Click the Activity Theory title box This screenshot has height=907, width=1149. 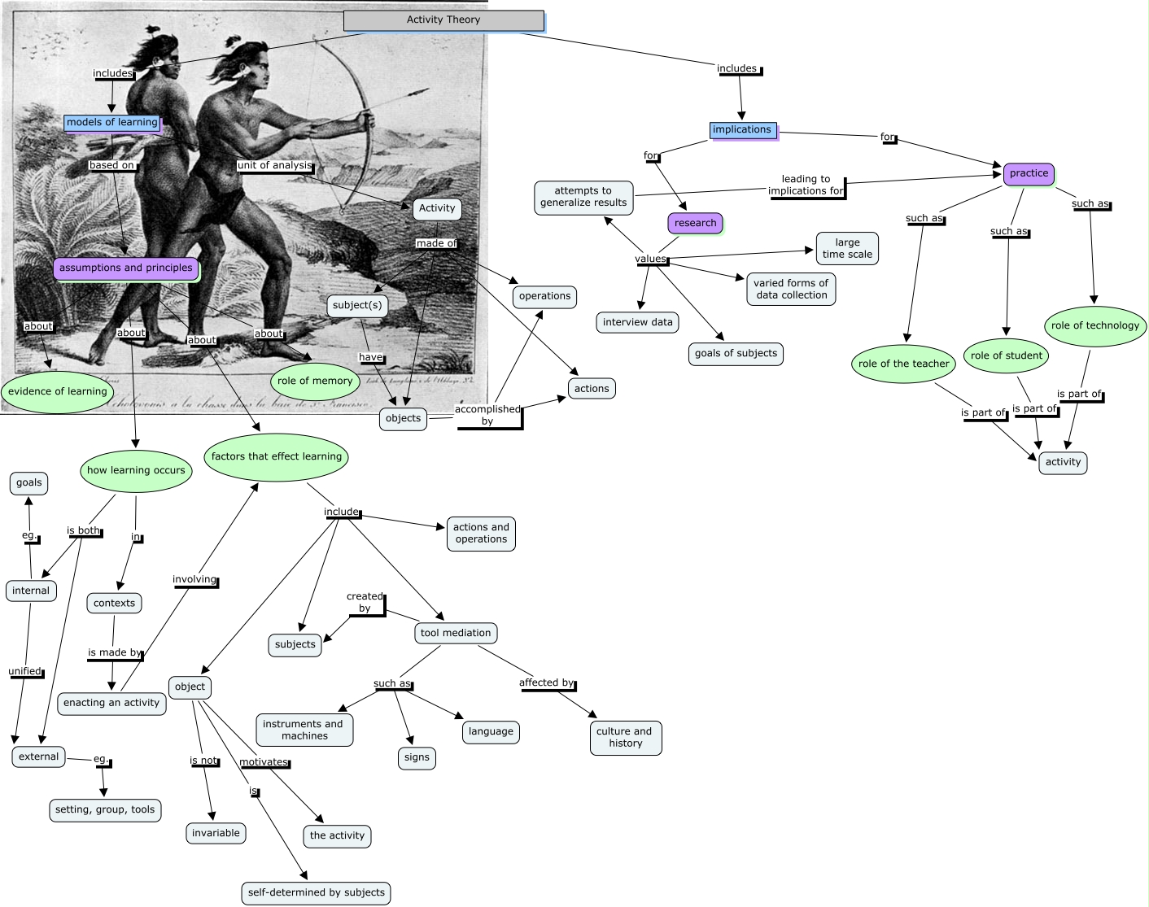pos(443,20)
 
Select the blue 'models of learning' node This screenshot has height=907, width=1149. pos(112,123)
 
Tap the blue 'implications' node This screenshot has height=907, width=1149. pos(742,130)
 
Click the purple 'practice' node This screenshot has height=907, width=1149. pos(1029,173)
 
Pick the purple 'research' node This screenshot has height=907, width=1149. pos(695,223)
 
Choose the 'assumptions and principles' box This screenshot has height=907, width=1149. pos(126,268)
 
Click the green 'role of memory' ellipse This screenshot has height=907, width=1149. pos(315,381)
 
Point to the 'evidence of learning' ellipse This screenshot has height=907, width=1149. pos(58,391)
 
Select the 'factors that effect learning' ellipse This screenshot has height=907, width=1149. pos(277,456)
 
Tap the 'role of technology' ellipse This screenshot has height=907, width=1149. pos(1094,325)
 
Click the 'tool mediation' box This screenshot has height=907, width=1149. pos(456,633)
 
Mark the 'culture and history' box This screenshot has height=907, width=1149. pos(624,737)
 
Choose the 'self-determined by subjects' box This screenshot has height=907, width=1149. pos(317,892)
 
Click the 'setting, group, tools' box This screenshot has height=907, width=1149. pos(105,810)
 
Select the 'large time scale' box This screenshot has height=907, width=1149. pos(847,248)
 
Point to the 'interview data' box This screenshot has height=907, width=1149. pos(638,322)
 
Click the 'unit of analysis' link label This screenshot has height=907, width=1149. pos(274,165)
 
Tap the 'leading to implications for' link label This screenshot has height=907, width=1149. pos(806,185)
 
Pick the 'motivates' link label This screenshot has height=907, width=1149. pos(264,762)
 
